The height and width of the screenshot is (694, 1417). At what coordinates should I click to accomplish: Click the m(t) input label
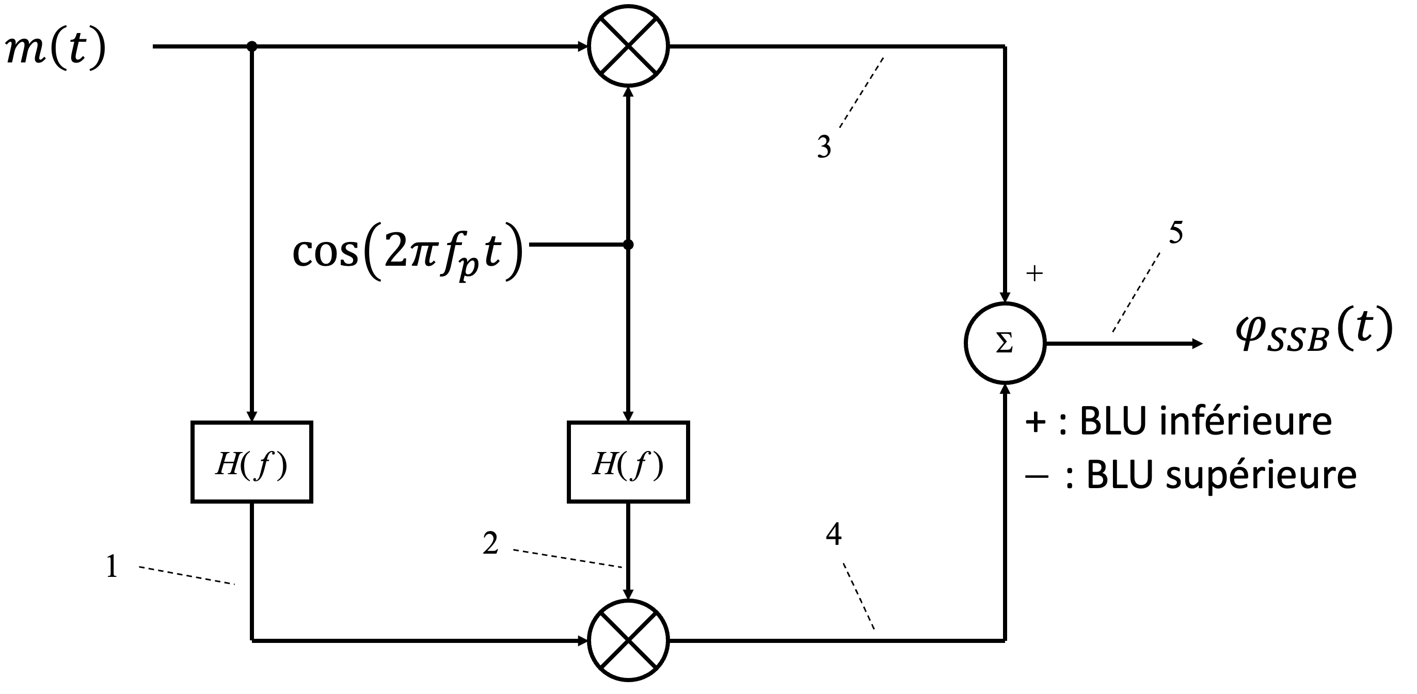click(x=55, y=49)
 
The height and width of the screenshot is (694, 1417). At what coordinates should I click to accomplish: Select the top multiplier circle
click(x=628, y=46)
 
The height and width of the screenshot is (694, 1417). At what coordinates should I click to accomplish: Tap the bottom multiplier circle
click(x=628, y=640)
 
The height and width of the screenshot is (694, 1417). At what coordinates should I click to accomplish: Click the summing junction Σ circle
click(x=1005, y=343)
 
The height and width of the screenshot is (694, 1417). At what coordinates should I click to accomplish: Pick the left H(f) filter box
click(x=252, y=462)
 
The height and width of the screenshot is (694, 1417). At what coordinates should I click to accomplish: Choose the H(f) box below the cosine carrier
click(x=628, y=462)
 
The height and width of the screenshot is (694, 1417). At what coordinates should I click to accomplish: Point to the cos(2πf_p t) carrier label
click(x=407, y=251)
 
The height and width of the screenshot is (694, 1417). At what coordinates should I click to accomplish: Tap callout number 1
click(x=112, y=567)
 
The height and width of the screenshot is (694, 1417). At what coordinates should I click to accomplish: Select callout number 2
click(x=490, y=543)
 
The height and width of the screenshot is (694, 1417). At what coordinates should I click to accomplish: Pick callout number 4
click(x=833, y=534)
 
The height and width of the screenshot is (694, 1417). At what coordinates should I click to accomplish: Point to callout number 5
click(x=1175, y=232)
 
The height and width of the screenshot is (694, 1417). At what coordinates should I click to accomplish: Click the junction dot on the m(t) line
click(x=252, y=46)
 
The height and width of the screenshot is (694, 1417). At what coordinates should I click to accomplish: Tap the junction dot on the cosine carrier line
click(x=628, y=244)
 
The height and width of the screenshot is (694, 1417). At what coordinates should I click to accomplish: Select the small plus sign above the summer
click(x=1034, y=273)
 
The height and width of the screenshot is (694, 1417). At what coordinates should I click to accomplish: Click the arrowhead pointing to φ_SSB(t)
click(x=1197, y=344)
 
